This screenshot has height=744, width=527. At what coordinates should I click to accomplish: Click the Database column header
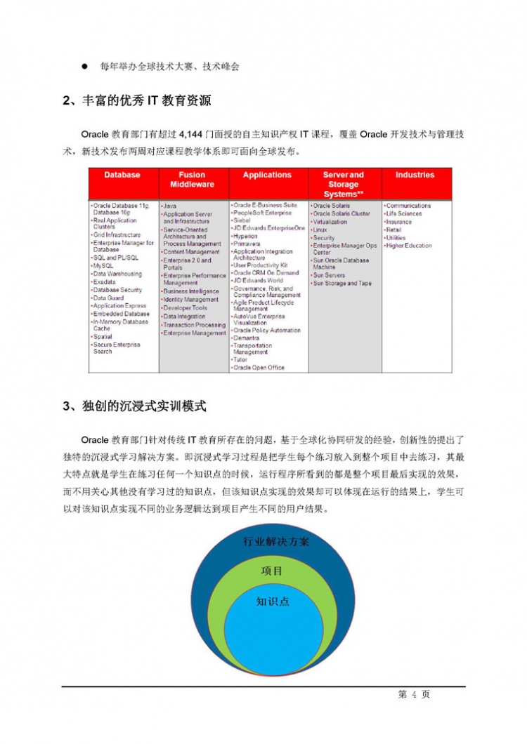coord(122,175)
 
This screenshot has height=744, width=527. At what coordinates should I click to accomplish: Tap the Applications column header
coord(267,175)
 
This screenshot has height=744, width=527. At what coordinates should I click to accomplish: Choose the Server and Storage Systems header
coord(343,185)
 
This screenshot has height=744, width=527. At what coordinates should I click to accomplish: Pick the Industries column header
coord(415,175)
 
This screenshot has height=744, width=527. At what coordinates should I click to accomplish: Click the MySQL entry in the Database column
coord(103,266)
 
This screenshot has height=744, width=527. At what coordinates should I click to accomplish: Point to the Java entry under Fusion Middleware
coord(170,206)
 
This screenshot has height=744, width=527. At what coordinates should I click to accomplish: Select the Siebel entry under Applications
coord(242,220)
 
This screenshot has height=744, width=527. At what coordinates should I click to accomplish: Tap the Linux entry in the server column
coord(320,230)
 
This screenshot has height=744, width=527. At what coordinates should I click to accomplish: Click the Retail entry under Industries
coord(394,230)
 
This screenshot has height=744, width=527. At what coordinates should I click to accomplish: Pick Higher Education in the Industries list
coord(409,246)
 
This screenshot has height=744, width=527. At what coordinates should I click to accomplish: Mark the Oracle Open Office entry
coord(259,367)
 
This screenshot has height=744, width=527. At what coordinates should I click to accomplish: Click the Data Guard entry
coord(110,298)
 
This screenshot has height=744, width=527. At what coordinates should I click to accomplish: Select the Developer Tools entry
coord(185,308)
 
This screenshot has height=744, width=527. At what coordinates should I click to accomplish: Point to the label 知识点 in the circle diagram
coord(273,602)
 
